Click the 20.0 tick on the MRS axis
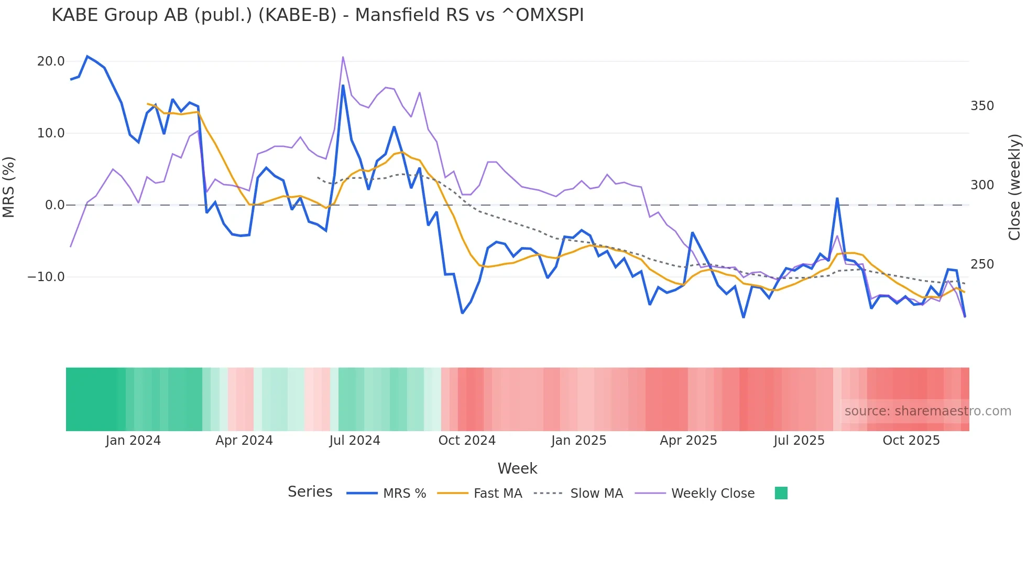click(x=51, y=61)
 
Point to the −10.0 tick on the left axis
click(x=47, y=277)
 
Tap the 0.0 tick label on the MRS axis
click(x=55, y=205)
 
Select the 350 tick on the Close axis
click(x=982, y=106)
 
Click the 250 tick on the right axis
click(x=982, y=264)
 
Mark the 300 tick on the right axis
click(x=982, y=185)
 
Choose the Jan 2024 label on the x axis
click(x=133, y=441)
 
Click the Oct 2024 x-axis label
click(x=467, y=441)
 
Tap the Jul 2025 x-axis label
click(x=799, y=441)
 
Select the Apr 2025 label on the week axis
click(x=689, y=441)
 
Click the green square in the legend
click(x=781, y=493)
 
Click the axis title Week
click(x=517, y=468)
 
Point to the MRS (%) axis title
click(x=9, y=187)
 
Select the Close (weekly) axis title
click(x=1014, y=187)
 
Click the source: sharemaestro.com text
click(x=927, y=411)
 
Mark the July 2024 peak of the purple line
click(x=343, y=57)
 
